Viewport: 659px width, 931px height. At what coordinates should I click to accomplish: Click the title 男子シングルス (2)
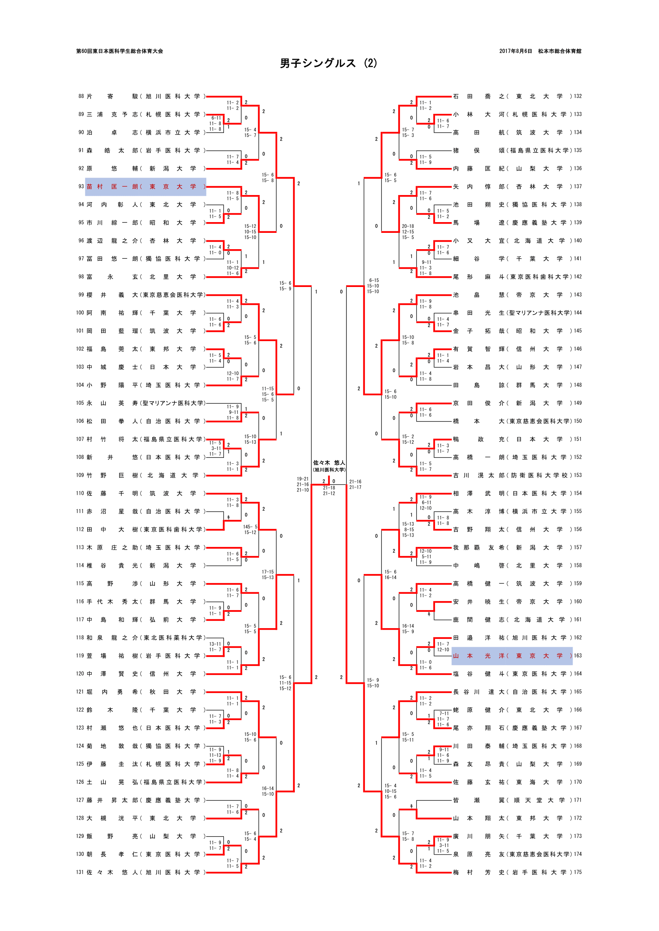click(x=328, y=63)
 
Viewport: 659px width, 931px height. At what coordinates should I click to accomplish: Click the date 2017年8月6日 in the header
click(x=515, y=51)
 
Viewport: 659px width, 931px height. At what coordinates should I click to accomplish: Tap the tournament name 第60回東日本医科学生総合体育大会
click(x=119, y=51)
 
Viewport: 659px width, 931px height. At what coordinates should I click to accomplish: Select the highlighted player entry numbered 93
click(x=145, y=187)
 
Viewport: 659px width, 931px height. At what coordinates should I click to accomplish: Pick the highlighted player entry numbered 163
click(x=512, y=656)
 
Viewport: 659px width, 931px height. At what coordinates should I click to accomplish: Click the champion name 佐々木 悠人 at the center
click(x=329, y=463)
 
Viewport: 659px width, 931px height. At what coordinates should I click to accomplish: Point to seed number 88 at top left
click(x=81, y=96)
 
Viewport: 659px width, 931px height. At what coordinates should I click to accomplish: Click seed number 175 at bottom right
click(x=577, y=872)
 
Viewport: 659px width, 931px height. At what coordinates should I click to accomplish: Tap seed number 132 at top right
click(x=577, y=96)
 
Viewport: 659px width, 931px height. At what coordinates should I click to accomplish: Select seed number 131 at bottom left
click(x=80, y=872)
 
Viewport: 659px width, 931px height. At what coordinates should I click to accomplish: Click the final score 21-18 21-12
click(x=329, y=491)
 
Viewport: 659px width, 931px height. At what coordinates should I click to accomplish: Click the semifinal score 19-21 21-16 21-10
click(x=302, y=484)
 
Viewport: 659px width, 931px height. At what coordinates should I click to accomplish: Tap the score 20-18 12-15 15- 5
click(x=408, y=232)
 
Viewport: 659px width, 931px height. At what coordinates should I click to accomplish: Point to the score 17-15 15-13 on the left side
click(x=267, y=575)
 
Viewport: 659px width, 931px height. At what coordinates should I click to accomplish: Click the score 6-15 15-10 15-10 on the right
click(x=373, y=286)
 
